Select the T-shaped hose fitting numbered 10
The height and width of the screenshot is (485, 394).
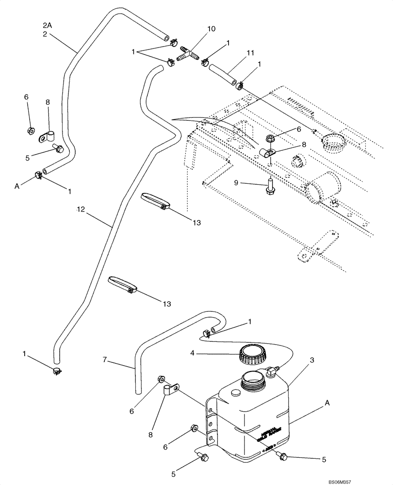pos(189,54)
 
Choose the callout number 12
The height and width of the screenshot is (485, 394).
pos(81,209)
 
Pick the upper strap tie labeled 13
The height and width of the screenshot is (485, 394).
pos(154,201)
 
